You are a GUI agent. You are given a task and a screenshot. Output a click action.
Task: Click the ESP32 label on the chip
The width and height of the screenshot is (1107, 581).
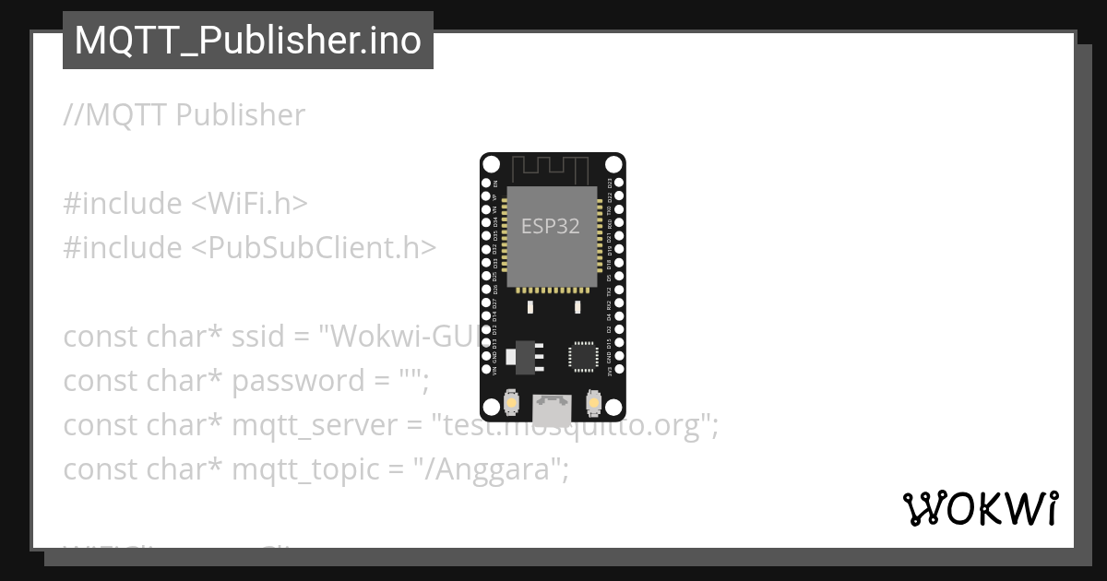[x=551, y=226]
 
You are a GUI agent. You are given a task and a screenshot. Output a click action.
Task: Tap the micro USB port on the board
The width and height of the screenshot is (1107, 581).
[x=553, y=407]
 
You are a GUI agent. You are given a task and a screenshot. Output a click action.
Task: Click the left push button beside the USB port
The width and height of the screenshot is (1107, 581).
[x=511, y=403]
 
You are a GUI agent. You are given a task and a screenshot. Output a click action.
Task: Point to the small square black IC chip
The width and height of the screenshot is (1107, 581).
[x=583, y=356]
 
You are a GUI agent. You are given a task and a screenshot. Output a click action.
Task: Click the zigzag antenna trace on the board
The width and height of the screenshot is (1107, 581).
[x=551, y=168]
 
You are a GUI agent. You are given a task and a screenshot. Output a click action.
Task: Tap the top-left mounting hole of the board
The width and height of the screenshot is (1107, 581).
[x=491, y=164]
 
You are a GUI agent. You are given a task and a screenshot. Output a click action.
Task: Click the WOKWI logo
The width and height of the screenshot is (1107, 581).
[x=980, y=508]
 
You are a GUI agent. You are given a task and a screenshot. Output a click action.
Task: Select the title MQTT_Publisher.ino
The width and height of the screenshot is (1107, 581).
[x=247, y=41]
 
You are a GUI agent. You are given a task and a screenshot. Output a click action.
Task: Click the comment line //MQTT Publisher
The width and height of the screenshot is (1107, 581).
[x=184, y=115]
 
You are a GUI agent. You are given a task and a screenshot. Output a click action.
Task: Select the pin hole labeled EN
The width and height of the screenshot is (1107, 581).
[x=486, y=184]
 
